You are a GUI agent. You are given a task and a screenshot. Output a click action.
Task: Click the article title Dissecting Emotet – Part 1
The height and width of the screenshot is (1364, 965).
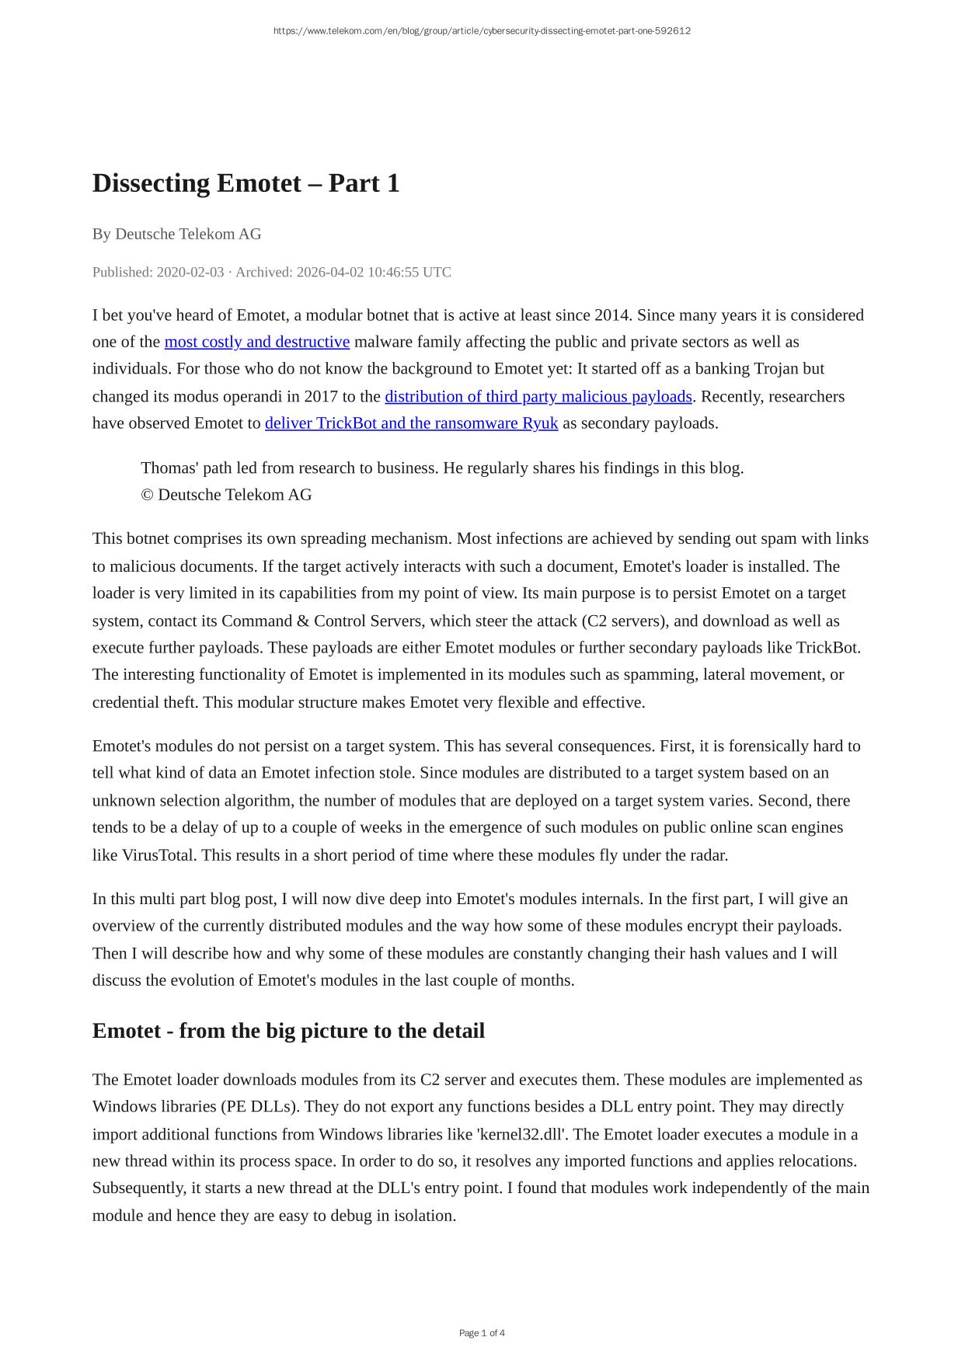pos(246,183)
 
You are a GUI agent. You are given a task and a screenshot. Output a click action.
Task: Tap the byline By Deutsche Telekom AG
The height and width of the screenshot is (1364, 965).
pos(176,234)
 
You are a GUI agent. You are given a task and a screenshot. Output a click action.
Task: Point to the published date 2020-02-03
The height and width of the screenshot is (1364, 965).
pos(190,272)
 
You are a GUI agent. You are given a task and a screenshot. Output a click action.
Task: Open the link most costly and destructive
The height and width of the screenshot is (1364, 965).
pos(256,342)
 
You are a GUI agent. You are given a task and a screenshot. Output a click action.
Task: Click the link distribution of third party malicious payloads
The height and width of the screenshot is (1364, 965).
pos(538,396)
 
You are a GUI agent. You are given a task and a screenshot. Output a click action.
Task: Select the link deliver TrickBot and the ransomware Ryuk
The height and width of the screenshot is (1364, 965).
pos(411,423)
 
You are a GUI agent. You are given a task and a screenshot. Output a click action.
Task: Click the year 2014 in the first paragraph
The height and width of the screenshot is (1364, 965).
pos(611,315)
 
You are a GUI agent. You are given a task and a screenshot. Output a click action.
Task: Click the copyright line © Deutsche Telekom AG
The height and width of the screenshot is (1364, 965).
pos(226,495)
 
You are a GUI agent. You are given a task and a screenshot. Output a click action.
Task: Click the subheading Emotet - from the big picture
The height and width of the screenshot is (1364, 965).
pos(288,1031)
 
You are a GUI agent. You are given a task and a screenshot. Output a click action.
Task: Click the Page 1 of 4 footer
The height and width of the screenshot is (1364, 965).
pos(482,1333)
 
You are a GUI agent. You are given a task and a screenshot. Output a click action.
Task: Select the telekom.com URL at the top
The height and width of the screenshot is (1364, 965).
pos(482,31)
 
